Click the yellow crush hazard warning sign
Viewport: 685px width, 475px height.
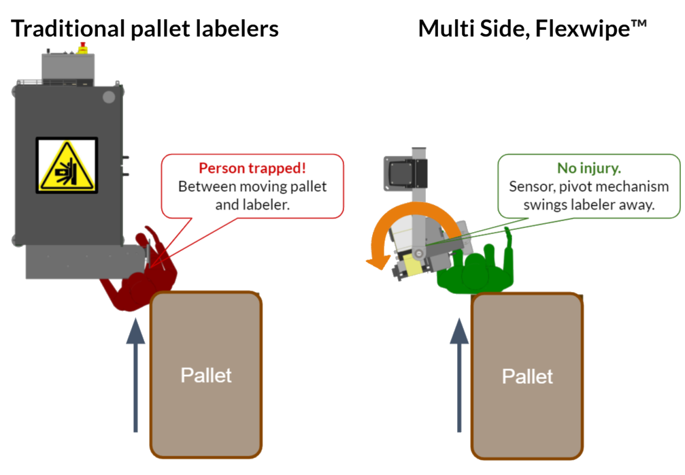(67, 165)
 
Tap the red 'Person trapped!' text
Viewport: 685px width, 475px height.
(252, 168)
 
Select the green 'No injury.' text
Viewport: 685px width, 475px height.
(588, 168)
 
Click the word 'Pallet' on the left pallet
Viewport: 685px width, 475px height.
(206, 375)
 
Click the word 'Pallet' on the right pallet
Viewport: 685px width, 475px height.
(527, 376)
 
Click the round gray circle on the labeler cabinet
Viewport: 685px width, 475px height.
(108, 97)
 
